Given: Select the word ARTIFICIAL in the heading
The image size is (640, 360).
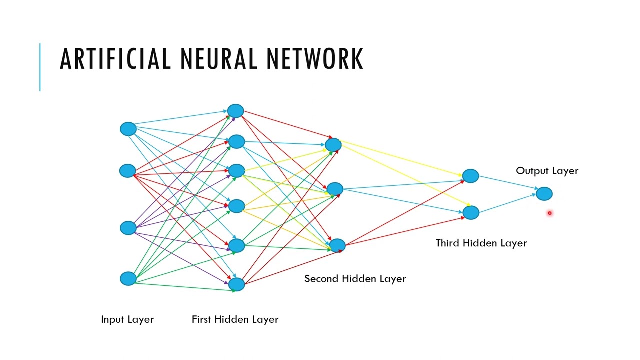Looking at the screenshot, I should tap(115, 58).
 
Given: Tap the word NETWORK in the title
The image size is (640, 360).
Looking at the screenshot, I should tap(314, 58).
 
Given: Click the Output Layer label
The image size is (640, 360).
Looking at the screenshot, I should tap(547, 171).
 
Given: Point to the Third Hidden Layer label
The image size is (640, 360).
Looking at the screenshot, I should tap(481, 243).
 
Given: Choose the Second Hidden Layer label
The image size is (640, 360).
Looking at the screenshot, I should tap(355, 279).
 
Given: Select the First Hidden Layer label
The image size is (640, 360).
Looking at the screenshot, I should tap(235, 319).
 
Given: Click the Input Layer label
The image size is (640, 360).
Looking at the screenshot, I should tap(127, 319).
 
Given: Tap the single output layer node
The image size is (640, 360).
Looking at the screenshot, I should tap(544, 193).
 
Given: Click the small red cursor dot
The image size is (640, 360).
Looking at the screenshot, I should tap(549, 213).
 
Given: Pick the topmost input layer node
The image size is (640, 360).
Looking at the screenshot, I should tap(128, 129).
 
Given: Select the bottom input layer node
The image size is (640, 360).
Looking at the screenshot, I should tap(128, 279).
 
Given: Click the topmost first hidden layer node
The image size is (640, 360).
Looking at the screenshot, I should tap(235, 111).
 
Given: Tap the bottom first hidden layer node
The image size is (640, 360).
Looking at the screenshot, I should tap(237, 284).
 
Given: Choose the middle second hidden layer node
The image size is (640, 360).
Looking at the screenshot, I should tap(335, 189).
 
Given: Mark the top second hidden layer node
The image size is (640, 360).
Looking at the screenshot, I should tap(333, 145).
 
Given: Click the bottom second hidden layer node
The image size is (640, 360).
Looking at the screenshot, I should tap(337, 245).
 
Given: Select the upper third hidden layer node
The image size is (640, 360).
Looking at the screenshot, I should tap(470, 176).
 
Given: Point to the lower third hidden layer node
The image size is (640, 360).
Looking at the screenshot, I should tap(471, 213).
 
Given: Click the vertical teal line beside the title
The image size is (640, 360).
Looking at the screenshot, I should tap(40, 67).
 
